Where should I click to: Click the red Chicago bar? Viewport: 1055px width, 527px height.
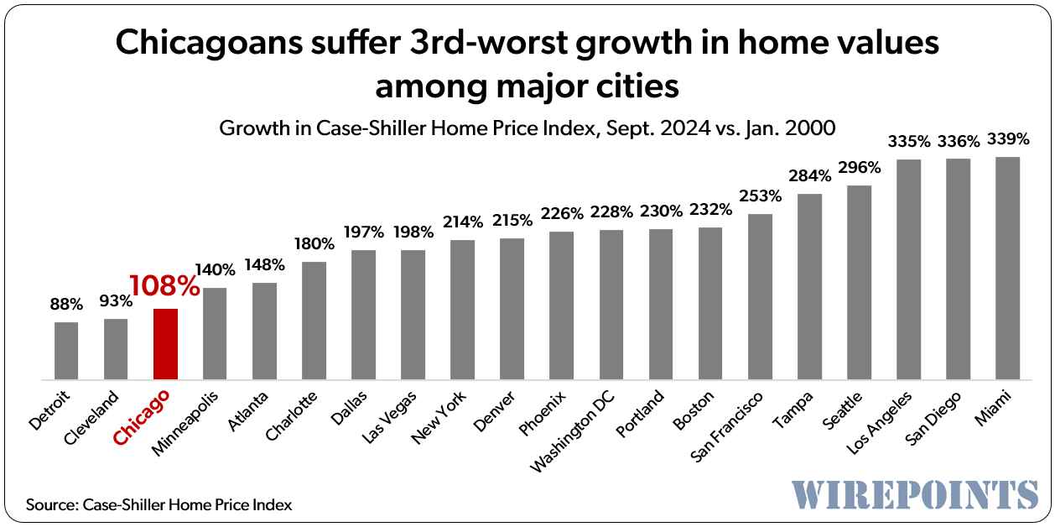[165, 344]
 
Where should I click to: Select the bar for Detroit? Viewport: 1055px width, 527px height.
[66, 351]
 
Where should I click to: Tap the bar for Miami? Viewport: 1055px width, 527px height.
[1007, 268]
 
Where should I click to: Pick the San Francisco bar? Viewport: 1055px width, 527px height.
[760, 296]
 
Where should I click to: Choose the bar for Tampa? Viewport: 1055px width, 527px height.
[809, 286]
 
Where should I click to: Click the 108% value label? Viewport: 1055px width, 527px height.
[164, 286]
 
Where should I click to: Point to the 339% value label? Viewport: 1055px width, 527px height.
[1007, 138]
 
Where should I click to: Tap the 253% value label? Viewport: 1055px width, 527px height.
[760, 196]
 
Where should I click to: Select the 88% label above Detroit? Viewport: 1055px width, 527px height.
[66, 304]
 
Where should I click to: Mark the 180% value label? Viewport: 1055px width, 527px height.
[314, 244]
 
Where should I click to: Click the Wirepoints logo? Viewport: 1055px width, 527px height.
[914, 493]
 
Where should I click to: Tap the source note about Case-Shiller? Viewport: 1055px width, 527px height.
[159, 505]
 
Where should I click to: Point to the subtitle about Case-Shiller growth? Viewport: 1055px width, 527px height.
[527, 128]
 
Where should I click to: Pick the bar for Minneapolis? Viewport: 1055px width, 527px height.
[215, 333]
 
